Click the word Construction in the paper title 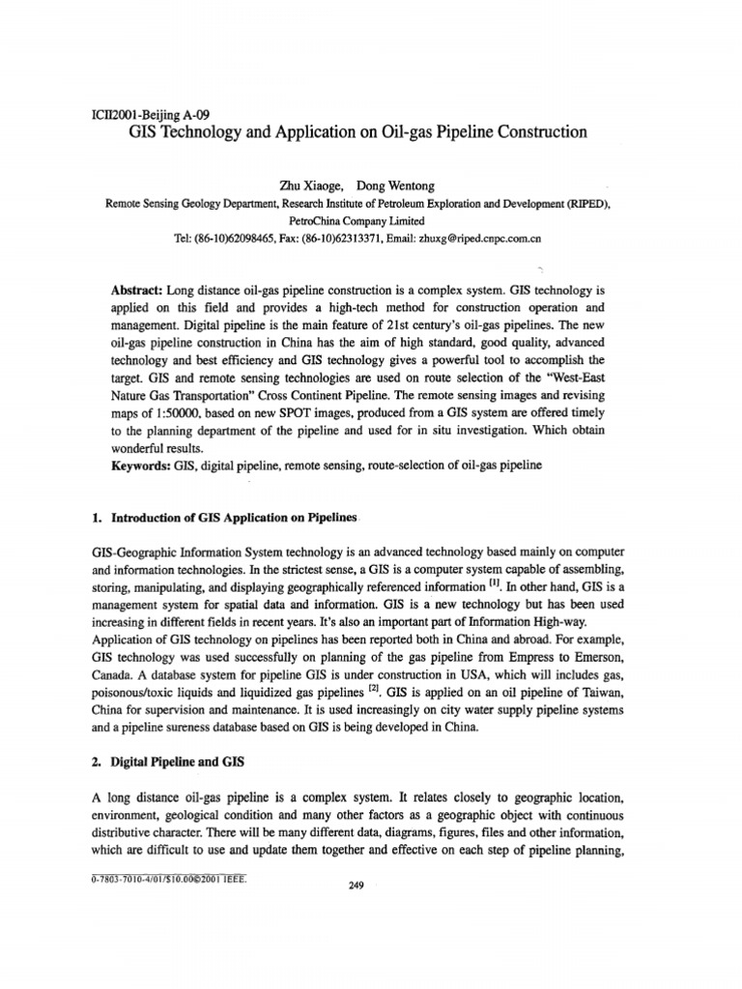pyautogui.click(x=537, y=131)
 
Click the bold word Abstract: pyautogui.click(x=138, y=290)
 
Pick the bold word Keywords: pyautogui.click(x=142, y=465)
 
